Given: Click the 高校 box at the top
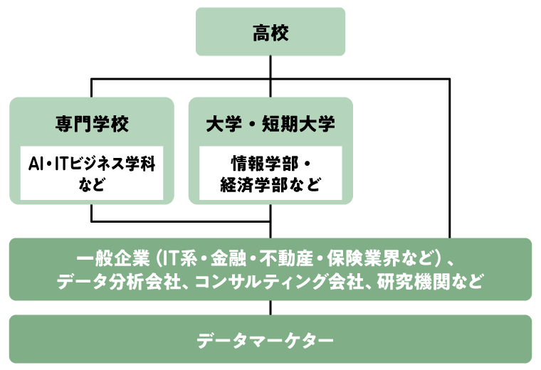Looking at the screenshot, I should tap(270, 31).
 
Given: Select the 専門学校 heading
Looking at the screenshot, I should tap(92, 123).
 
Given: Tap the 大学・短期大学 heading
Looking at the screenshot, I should tap(270, 123).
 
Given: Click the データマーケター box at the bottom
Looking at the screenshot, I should tap(270, 339).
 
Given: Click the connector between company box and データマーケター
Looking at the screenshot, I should tap(270, 307).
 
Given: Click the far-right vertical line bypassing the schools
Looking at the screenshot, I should tap(449, 157).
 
